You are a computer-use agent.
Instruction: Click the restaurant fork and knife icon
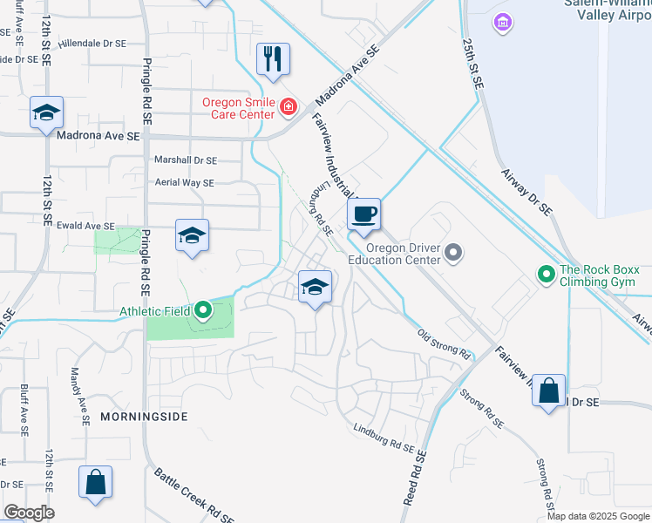pos(273,59)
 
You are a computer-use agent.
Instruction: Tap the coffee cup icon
pos(364,214)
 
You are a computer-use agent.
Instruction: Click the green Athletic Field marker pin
pos(203,310)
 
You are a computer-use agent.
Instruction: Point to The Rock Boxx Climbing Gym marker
pos(547,275)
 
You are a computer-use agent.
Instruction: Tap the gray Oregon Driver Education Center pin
pos(452,254)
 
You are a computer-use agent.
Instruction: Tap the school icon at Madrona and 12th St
pos(46,112)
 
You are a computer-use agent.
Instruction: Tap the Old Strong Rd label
pos(443,345)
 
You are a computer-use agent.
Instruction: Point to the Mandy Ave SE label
pos(85,406)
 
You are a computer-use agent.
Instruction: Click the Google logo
pos(29,513)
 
